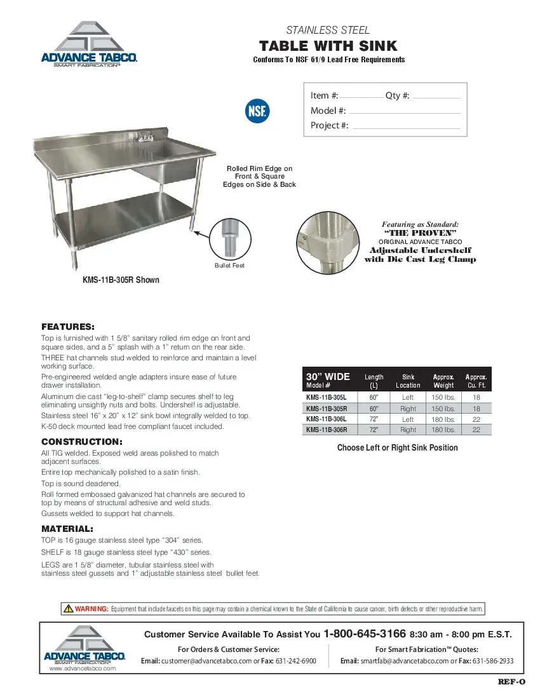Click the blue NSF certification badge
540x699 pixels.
click(x=257, y=111)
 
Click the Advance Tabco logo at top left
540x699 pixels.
click(x=89, y=44)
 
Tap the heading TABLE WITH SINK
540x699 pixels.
click(x=328, y=46)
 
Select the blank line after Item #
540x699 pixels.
click(x=361, y=97)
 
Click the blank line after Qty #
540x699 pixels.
click(x=436, y=97)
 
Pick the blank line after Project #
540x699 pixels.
click(x=406, y=127)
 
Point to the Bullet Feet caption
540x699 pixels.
click(x=229, y=265)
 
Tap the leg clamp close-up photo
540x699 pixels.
click(x=328, y=243)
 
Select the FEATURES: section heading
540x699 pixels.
click(x=68, y=327)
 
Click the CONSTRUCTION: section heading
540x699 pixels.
click(x=82, y=442)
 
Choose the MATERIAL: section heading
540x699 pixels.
click(x=67, y=529)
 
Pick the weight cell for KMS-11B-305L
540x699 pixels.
click(x=443, y=397)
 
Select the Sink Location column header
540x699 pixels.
click(x=408, y=381)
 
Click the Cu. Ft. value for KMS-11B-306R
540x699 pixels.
click(x=476, y=430)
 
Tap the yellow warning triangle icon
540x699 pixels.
click(x=68, y=609)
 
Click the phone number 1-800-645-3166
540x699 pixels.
click(x=365, y=634)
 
